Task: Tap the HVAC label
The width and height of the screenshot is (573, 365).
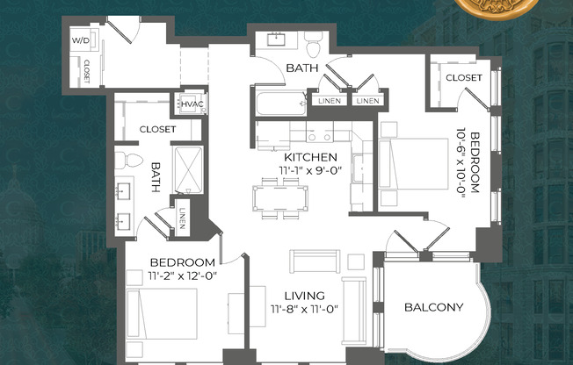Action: [x=192, y=104]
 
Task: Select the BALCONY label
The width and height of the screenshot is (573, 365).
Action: [x=433, y=307]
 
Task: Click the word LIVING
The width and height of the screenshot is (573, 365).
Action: [x=305, y=296]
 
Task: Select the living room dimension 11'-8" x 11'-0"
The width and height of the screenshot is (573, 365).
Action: [x=305, y=309]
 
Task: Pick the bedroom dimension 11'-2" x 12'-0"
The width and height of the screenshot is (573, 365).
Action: [x=182, y=276]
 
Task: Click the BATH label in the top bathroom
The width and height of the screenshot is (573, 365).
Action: [x=301, y=68]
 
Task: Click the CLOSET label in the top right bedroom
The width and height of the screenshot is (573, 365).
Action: [x=463, y=78]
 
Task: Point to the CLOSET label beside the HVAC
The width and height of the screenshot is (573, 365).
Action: [x=157, y=129]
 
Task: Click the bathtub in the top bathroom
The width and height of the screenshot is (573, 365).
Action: [x=278, y=104]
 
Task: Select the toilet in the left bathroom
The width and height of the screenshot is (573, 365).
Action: [x=128, y=160]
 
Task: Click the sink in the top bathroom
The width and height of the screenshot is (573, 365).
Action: [x=276, y=39]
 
